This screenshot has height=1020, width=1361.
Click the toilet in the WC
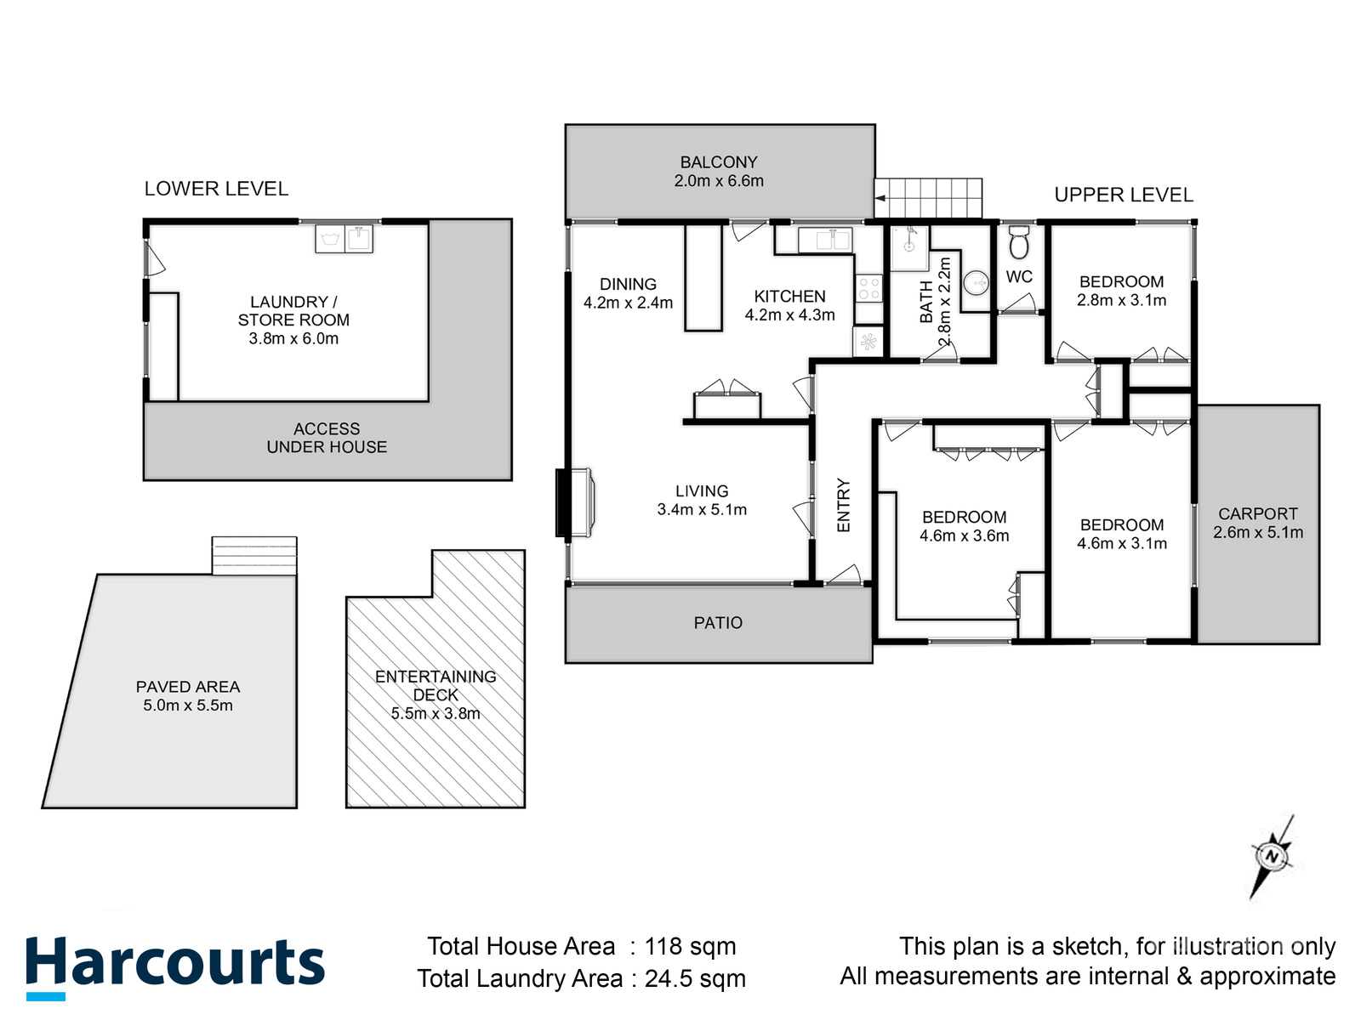coord(1018,243)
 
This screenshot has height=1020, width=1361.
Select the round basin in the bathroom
coord(977,281)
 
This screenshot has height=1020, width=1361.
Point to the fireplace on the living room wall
coord(576,502)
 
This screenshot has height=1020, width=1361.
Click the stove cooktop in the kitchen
coord(868,288)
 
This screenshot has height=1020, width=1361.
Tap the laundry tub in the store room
coord(344,238)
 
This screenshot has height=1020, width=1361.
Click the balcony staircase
coord(929,198)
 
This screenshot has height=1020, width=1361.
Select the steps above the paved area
coord(254,556)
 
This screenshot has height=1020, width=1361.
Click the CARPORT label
coord(1257,513)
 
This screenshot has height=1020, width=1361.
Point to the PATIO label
coord(718,623)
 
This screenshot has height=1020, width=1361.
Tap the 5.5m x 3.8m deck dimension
coord(436,714)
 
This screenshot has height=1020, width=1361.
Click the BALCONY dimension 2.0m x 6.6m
coord(719,181)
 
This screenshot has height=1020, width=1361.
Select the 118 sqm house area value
coord(690,946)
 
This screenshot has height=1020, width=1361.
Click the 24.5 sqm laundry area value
coord(695,978)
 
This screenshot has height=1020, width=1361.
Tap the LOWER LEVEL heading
coord(216,189)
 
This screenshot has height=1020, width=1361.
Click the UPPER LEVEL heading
coord(1124,195)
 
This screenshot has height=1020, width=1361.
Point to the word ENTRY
coord(844,505)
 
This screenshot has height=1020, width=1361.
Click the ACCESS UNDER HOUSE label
coord(327,438)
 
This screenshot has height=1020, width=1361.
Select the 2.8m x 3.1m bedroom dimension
coord(1121,300)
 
